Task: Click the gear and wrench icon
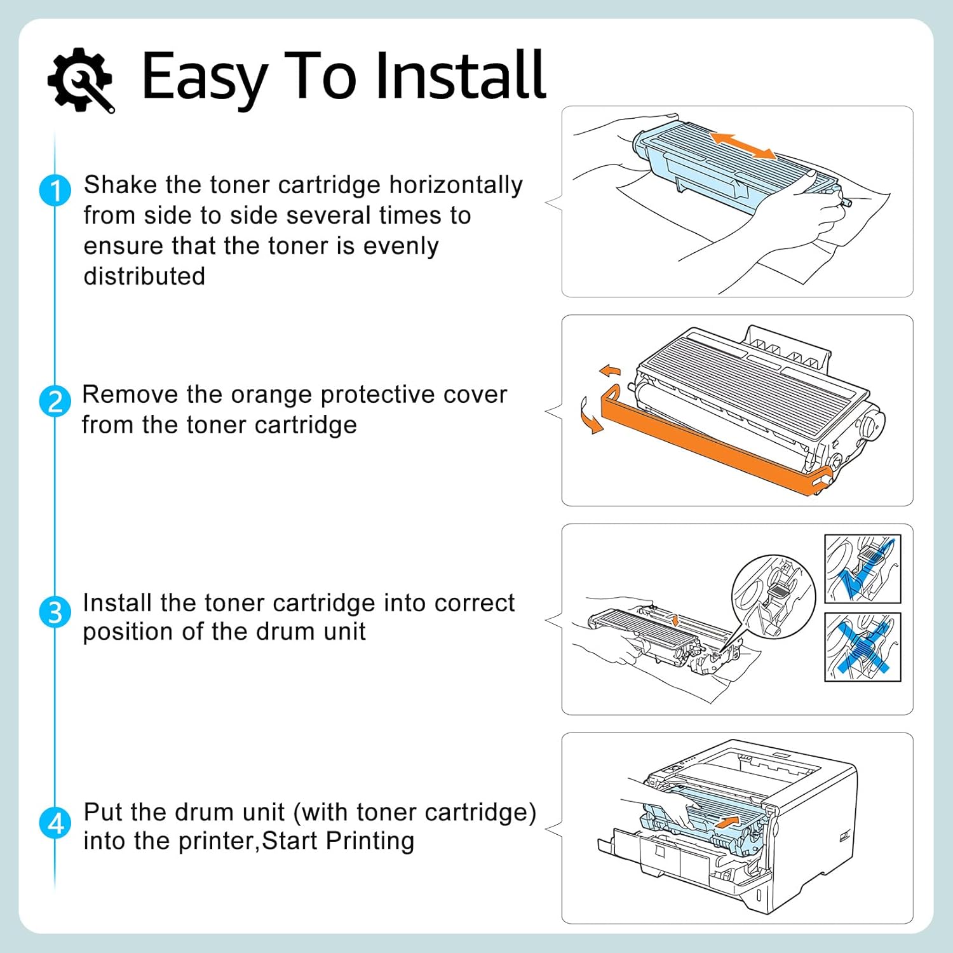[x=81, y=79]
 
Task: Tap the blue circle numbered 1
[x=55, y=191]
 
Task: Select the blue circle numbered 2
[x=55, y=402]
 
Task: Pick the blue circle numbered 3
[x=55, y=612]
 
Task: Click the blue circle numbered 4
[x=55, y=823]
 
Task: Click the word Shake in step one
[x=120, y=185]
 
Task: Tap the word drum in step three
[x=284, y=632]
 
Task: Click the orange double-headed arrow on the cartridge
[x=743, y=146]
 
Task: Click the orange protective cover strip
[x=712, y=447]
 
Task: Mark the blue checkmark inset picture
[x=862, y=569]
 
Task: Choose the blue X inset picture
[x=862, y=647]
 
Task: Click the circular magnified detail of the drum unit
[x=773, y=596]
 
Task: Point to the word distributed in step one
[x=144, y=276]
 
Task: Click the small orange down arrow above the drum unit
[x=675, y=619]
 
